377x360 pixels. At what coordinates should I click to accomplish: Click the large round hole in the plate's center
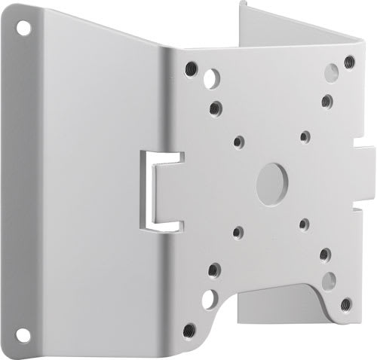(271, 180)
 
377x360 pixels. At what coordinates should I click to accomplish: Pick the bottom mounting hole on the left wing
(23, 332)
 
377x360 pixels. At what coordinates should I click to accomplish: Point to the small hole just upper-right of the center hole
(305, 136)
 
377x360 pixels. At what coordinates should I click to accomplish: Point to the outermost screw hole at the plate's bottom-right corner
(345, 304)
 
